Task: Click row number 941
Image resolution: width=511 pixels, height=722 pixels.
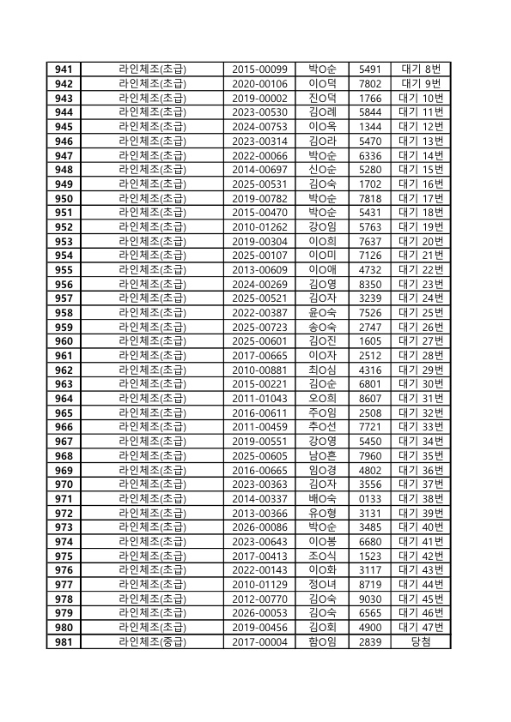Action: pyautogui.click(x=63, y=69)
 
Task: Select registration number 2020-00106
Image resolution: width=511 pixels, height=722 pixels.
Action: pyautogui.click(x=260, y=84)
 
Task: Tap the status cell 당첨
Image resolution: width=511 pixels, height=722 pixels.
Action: pyautogui.click(x=422, y=641)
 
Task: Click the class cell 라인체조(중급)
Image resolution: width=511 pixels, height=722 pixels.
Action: pyautogui.click(x=152, y=641)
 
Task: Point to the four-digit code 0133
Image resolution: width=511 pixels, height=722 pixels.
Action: pyautogui.click(x=369, y=498)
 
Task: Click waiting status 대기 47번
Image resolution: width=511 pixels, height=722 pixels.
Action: pyautogui.click(x=422, y=627)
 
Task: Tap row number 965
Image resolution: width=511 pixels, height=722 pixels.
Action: pyautogui.click(x=63, y=412)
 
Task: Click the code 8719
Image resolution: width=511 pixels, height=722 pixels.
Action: pyautogui.click(x=369, y=584)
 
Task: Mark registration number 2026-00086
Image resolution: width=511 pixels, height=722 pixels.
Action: pyautogui.click(x=260, y=526)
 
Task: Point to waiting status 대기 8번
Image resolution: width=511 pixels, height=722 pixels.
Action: pyautogui.click(x=422, y=69)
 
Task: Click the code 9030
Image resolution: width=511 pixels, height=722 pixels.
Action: pyautogui.click(x=369, y=599)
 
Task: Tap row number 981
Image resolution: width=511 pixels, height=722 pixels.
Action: pyautogui.click(x=63, y=641)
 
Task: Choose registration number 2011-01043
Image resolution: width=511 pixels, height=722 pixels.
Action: pyautogui.click(x=260, y=398)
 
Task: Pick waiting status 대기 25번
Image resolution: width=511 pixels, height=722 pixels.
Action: pyautogui.click(x=422, y=312)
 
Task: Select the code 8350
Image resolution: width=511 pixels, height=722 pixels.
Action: pyautogui.click(x=369, y=284)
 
